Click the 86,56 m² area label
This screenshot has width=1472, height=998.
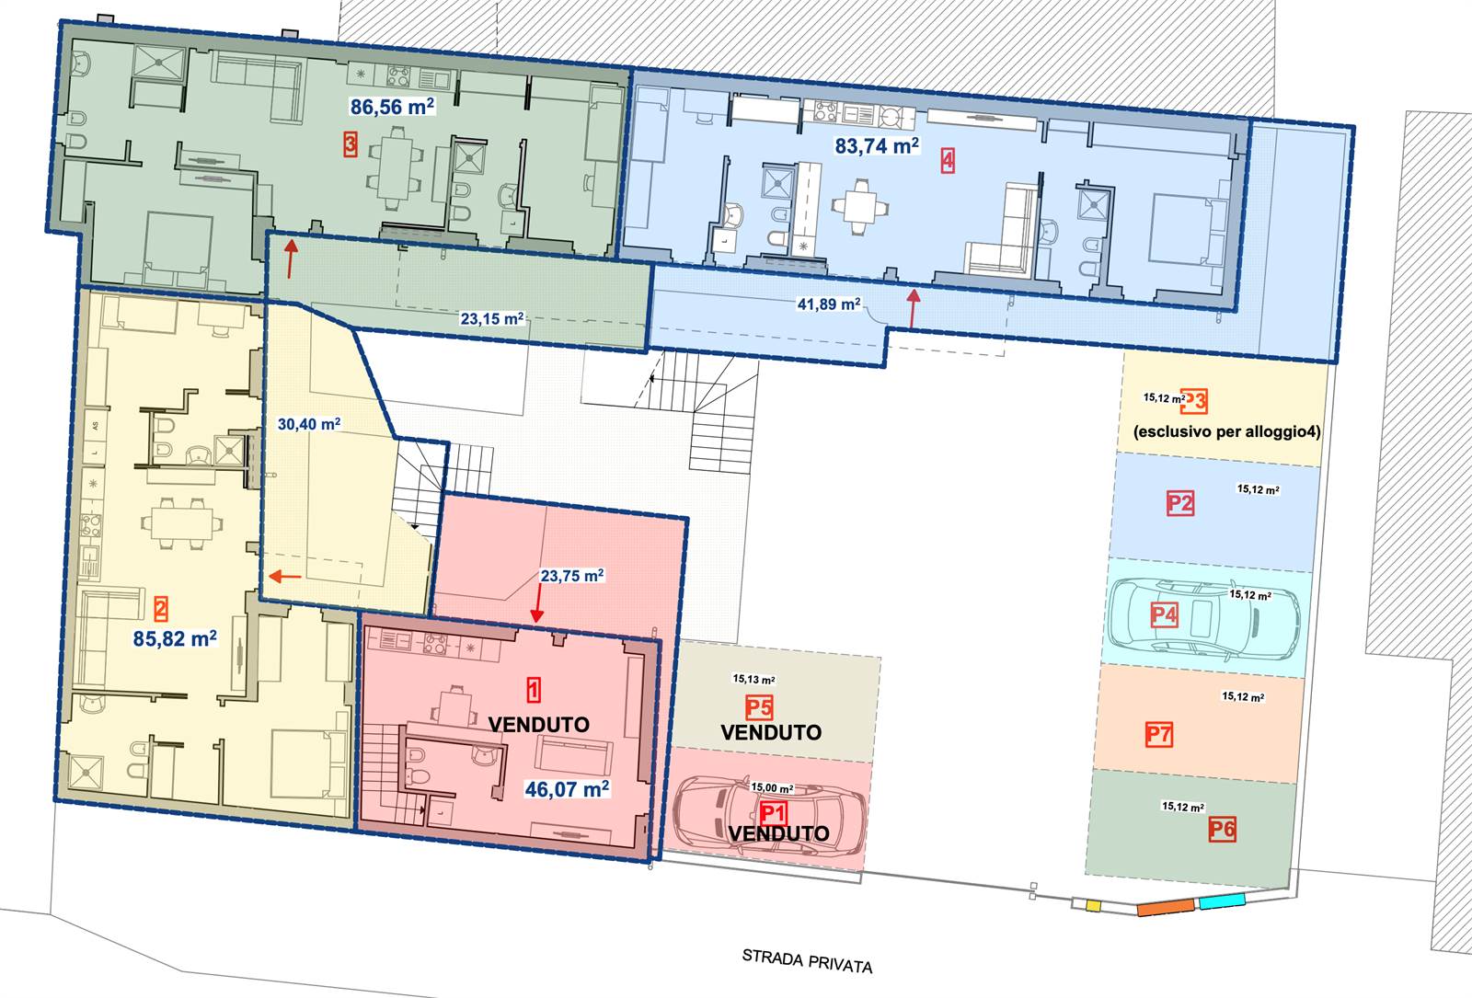tap(392, 107)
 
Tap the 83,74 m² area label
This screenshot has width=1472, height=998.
tap(877, 146)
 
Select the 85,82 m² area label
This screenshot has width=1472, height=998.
tap(175, 638)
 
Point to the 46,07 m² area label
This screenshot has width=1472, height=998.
tap(567, 789)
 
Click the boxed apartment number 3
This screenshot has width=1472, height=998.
tap(351, 143)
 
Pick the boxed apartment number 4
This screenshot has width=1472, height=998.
tap(948, 160)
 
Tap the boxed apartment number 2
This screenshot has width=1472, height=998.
tap(160, 609)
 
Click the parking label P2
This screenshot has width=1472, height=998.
tap(1180, 504)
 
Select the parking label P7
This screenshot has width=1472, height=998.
tap(1158, 735)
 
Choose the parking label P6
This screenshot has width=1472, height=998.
tap(1223, 829)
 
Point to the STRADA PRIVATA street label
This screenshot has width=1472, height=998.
tap(807, 960)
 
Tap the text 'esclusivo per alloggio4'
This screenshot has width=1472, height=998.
tap(1227, 431)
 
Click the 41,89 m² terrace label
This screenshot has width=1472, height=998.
tap(829, 304)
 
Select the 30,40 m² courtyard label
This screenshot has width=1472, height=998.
tap(309, 424)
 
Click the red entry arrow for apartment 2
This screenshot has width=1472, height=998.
tap(285, 577)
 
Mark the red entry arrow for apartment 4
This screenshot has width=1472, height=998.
tap(913, 308)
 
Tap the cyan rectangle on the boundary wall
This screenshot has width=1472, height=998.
tap(1223, 900)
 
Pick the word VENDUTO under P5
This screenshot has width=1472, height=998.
tap(772, 732)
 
